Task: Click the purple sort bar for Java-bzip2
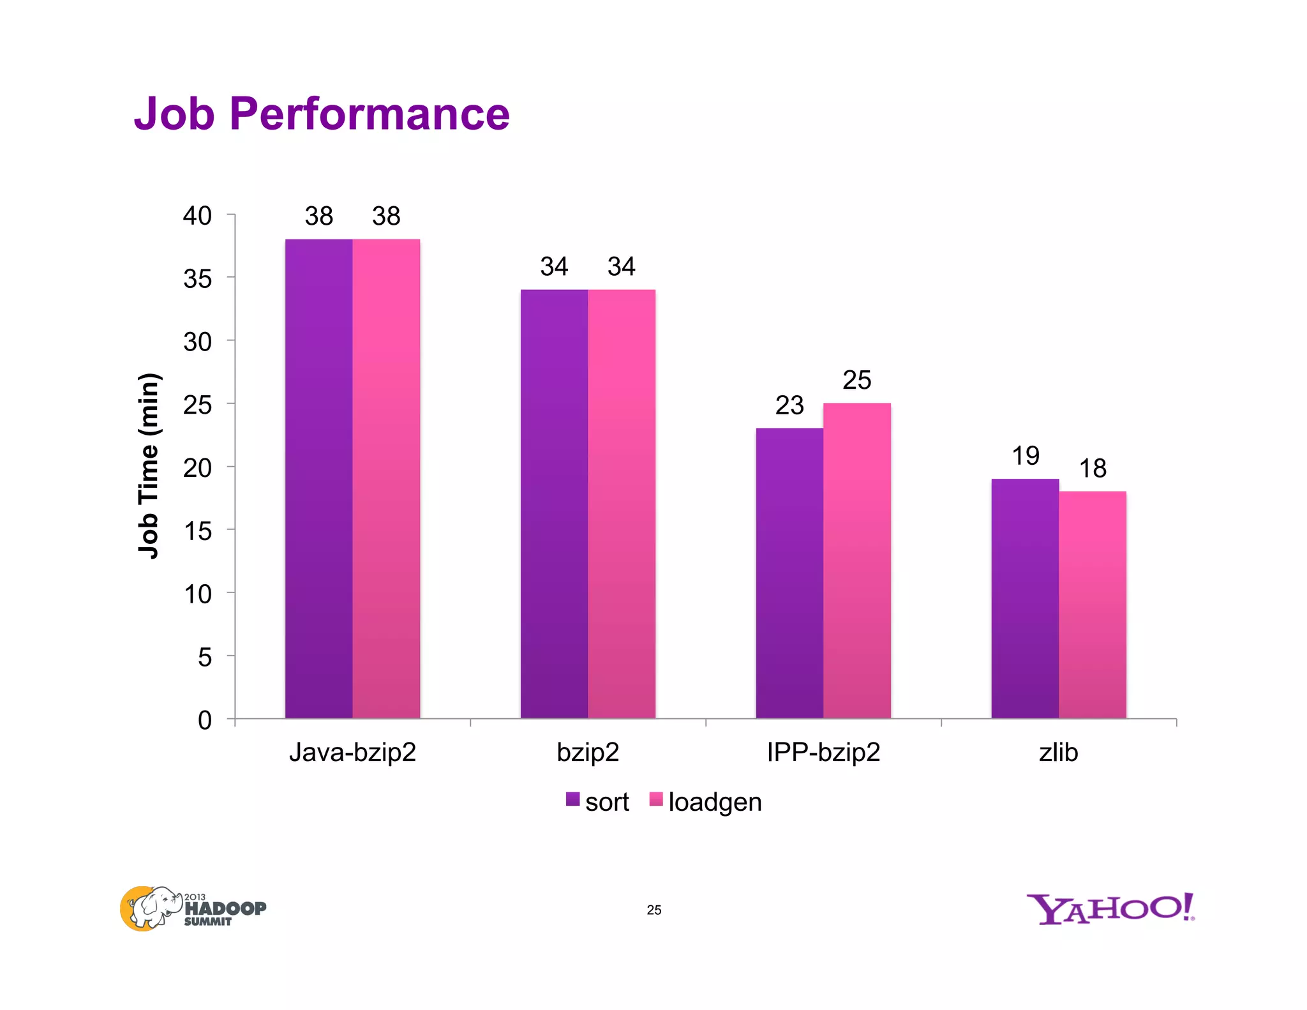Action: point(318,479)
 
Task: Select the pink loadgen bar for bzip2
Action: point(622,504)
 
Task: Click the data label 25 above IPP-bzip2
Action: point(856,381)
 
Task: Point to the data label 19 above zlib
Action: point(1026,456)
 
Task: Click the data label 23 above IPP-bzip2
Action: point(789,405)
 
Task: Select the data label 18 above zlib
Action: point(1093,469)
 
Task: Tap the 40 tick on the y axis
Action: point(197,216)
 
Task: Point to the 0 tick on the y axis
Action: point(204,720)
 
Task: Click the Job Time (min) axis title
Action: point(149,466)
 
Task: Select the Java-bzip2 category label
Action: point(352,752)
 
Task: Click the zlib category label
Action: point(1058,752)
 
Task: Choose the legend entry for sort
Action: point(598,802)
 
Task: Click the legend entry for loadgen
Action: point(706,802)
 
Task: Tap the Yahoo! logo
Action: point(1110,908)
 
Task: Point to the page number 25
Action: point(653,910)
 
